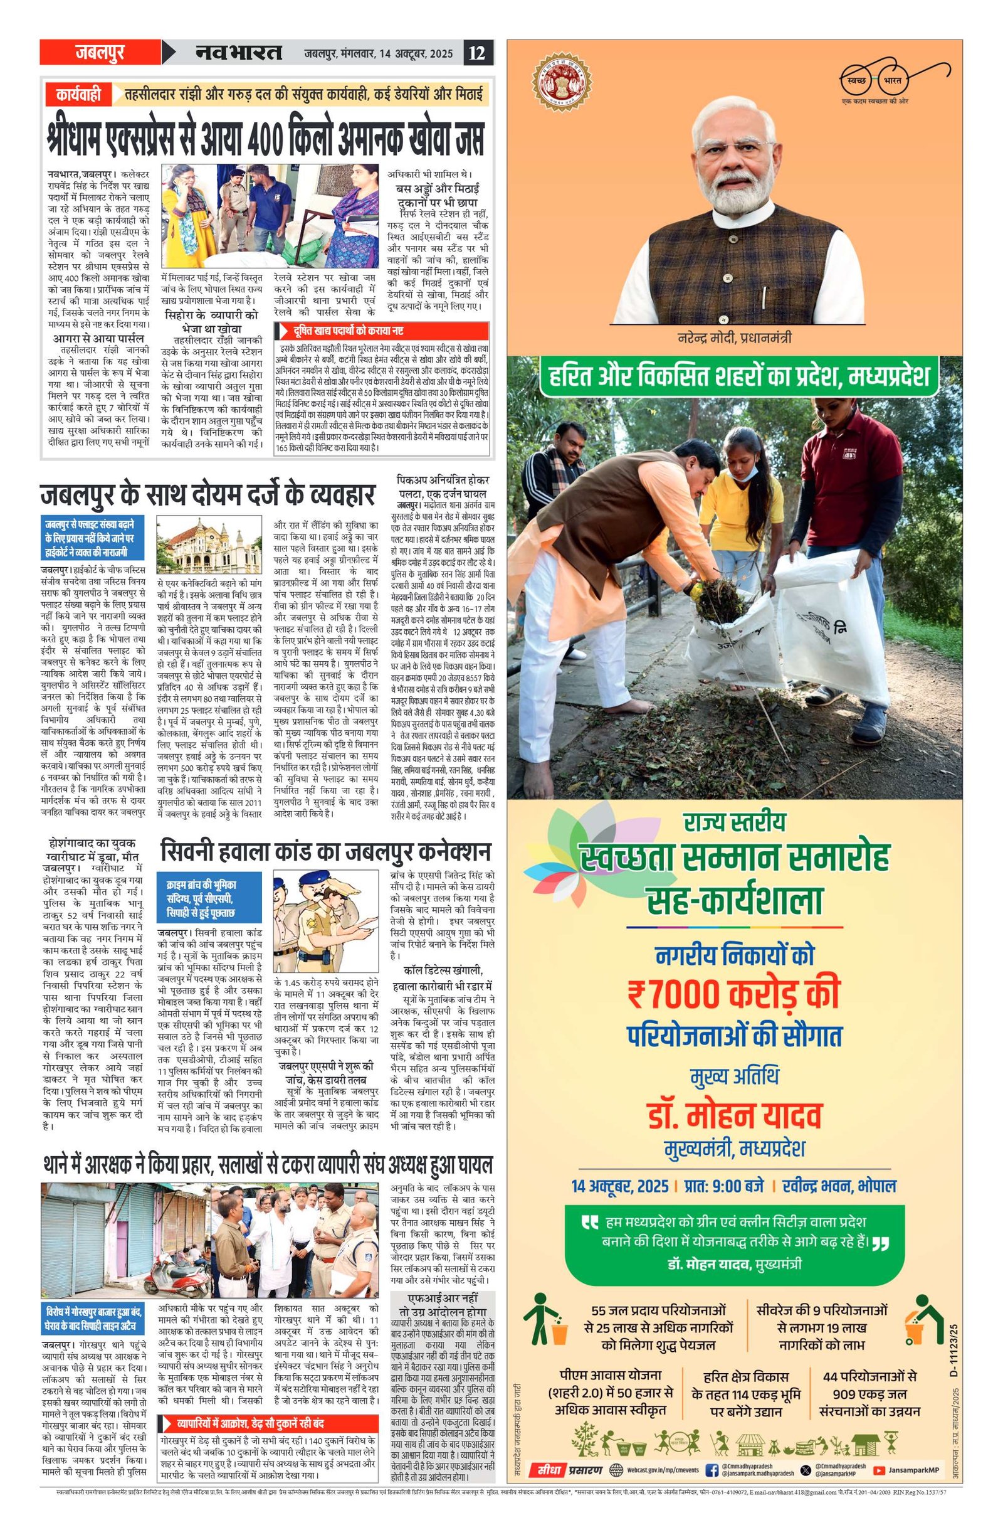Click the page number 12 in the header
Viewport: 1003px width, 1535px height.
coord(478,52)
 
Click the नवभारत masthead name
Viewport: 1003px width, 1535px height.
coord(238,52)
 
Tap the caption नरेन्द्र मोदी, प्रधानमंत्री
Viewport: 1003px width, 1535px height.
coord(734,338)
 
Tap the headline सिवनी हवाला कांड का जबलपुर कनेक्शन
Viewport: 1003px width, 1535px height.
coord(325,850)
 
